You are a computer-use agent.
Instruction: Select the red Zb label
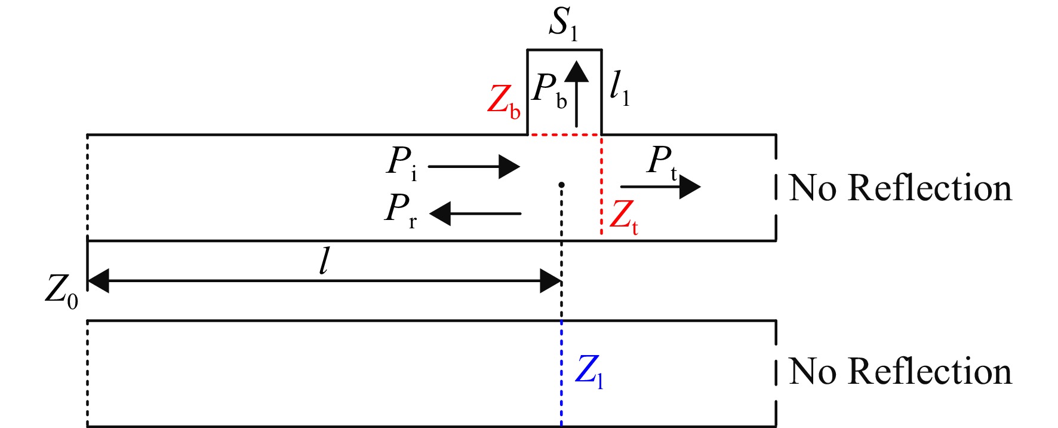click(504, 100)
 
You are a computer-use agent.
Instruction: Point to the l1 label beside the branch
click(620, 88)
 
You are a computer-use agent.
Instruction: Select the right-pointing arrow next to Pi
click(474, 167)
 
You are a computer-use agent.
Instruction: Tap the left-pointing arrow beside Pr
click(475, 213)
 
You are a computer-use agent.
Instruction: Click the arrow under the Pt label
click(660, 187)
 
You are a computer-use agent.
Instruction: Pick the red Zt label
click(625, 216)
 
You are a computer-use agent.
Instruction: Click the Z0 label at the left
click(62, 292)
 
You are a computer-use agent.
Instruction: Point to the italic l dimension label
click(324, 262)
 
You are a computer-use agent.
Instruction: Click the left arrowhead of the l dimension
click(99, 281)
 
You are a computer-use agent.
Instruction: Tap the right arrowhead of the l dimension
click(550, 281)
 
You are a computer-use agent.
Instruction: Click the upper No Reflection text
click(900, 188)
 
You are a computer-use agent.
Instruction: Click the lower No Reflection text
click(900, 371)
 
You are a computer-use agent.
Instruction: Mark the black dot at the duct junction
click(561, 185)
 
